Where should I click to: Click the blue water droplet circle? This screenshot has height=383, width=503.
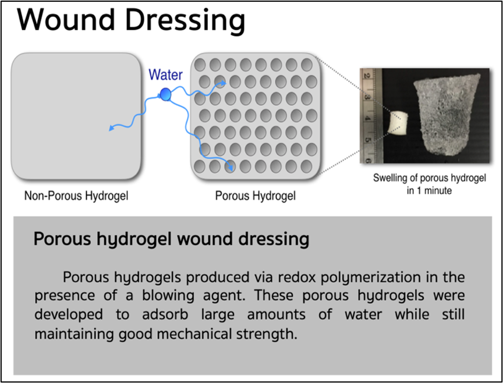pyautogui.click(x=165, y=94)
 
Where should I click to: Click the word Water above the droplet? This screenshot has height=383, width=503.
pyautogui.click(x=165, y=75)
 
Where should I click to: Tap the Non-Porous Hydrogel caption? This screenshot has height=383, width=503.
pyautogui.click(x=76, y=196)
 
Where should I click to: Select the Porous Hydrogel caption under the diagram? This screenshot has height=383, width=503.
pyautogui.click(x=256, y=196)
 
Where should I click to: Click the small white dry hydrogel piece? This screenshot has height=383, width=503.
pyautogui.click(x=398, y=123)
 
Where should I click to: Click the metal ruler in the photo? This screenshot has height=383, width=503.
pyautogui.click(x=371, y=116)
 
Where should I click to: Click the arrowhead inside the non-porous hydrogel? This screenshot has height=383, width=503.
pyautogui.click(x=112, y=128)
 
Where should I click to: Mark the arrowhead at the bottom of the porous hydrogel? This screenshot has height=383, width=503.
pyautogui.click(x=230, y=168)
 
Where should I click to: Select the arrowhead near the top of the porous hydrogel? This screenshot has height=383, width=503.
pyautogui.click(x=223, y=83)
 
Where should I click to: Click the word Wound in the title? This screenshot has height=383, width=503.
pyautogui.click(x=66, y=20)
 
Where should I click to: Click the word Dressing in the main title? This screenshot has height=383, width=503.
pyautogui.click(x=185, y=22)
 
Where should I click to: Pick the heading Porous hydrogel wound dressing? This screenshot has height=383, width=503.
pyautogui.click(x=171, y=239)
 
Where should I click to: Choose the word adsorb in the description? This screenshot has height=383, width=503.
pyautogui.click(x=165, y=315)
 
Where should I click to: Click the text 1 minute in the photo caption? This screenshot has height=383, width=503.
pyautogui.click(x=434, y=190)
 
